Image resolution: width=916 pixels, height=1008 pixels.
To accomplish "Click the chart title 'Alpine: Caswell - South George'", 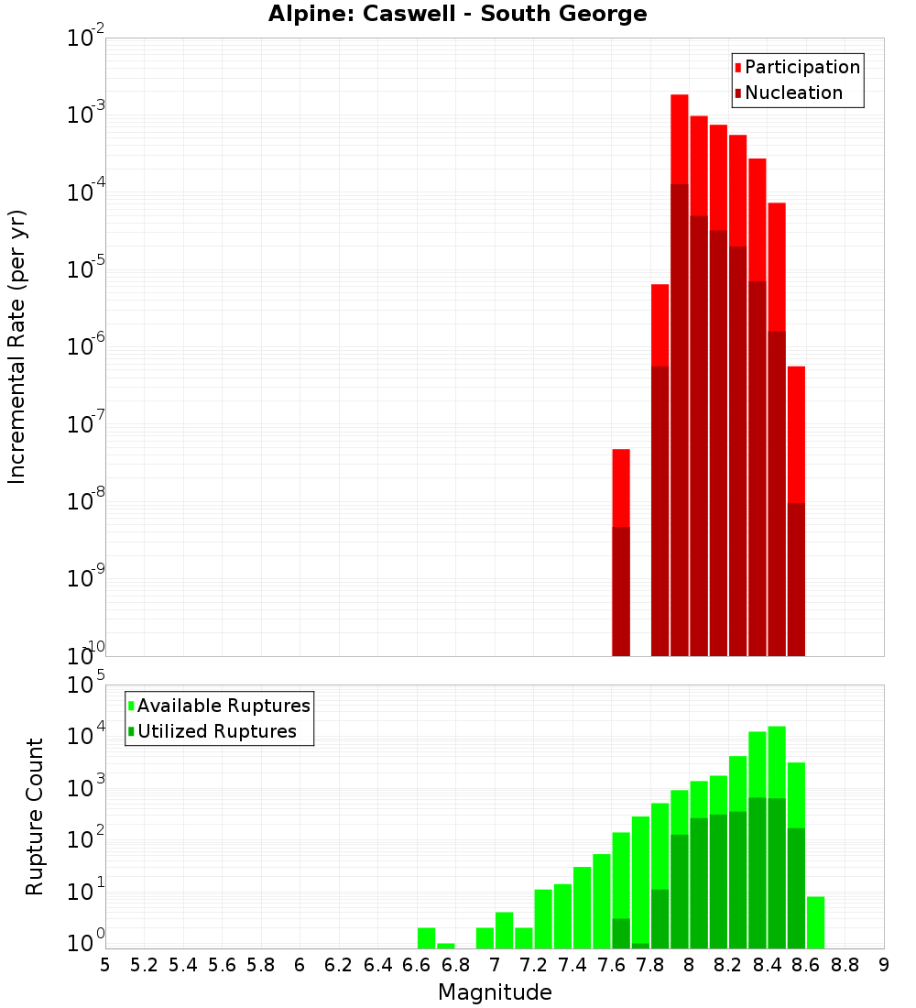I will coord(457,15).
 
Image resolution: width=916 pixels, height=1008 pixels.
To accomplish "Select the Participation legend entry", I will coord(797,68).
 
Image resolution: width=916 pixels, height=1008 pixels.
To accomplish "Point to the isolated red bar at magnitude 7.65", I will coord(621,486).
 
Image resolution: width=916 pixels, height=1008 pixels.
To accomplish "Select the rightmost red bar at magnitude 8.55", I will coord(796,431).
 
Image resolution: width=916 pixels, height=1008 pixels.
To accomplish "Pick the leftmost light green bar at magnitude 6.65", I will coord(426,938).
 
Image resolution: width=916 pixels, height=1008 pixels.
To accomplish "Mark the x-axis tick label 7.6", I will coord(611,965).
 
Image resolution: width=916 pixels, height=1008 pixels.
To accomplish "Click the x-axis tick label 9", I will coord(884,965).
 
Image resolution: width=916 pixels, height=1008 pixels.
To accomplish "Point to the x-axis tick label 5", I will coord(105,965).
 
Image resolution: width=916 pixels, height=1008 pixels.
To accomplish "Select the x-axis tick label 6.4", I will coord(377,965).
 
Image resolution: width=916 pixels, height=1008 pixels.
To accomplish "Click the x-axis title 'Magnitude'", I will coord(495,992).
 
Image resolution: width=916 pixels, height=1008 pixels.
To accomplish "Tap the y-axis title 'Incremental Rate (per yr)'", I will coord(17,346).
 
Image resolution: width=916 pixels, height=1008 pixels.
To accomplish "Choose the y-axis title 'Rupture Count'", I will coord(35,816).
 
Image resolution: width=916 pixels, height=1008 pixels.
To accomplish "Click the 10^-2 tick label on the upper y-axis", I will coord(86,39).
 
